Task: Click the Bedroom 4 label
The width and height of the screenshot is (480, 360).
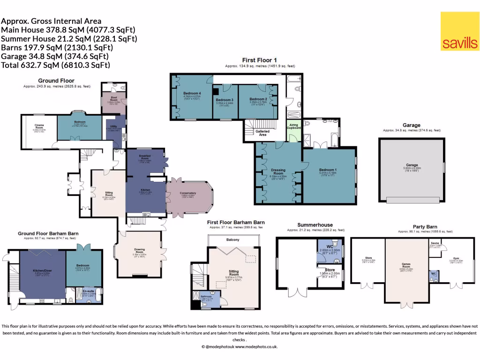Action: (192, 93)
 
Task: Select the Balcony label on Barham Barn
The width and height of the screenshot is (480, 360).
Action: (233, 240)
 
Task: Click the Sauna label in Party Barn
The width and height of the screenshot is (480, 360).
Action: (435, 243)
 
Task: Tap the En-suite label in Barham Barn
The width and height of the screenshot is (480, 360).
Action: (88, 291)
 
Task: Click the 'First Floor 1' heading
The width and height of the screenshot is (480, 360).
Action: (259, 60)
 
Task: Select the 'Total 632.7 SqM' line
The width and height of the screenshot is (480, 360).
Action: (56, 65)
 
